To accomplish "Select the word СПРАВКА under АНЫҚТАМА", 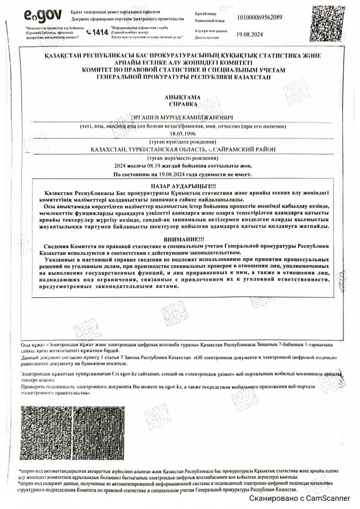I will pos(179,105).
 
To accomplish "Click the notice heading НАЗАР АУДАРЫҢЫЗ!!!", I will pos(179,184).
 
